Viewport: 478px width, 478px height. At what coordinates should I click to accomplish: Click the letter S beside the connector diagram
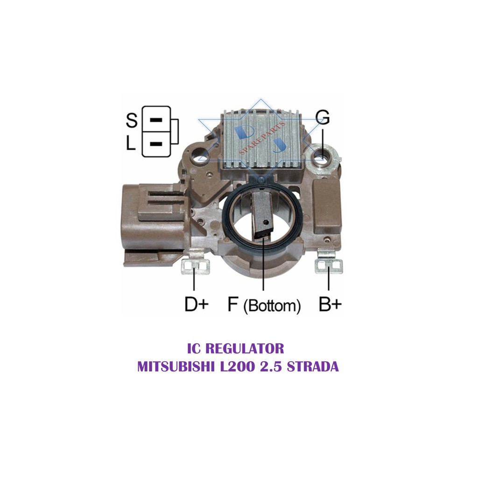pyautogui.click(x=132, y=120)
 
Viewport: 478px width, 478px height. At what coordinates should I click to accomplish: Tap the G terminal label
pyautogui.click(x=322, y=117)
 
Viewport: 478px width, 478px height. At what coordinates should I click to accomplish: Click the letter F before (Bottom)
pyautogui.click(x=233, y=304)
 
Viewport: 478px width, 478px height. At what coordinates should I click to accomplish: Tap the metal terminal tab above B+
pyautogui.click(x=329, y=264)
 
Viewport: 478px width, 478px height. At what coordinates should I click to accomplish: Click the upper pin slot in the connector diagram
pyautogui.click(x=156, y=119)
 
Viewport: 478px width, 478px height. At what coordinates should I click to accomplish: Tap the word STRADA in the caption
pyautogui.click(x=313, y=367)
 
